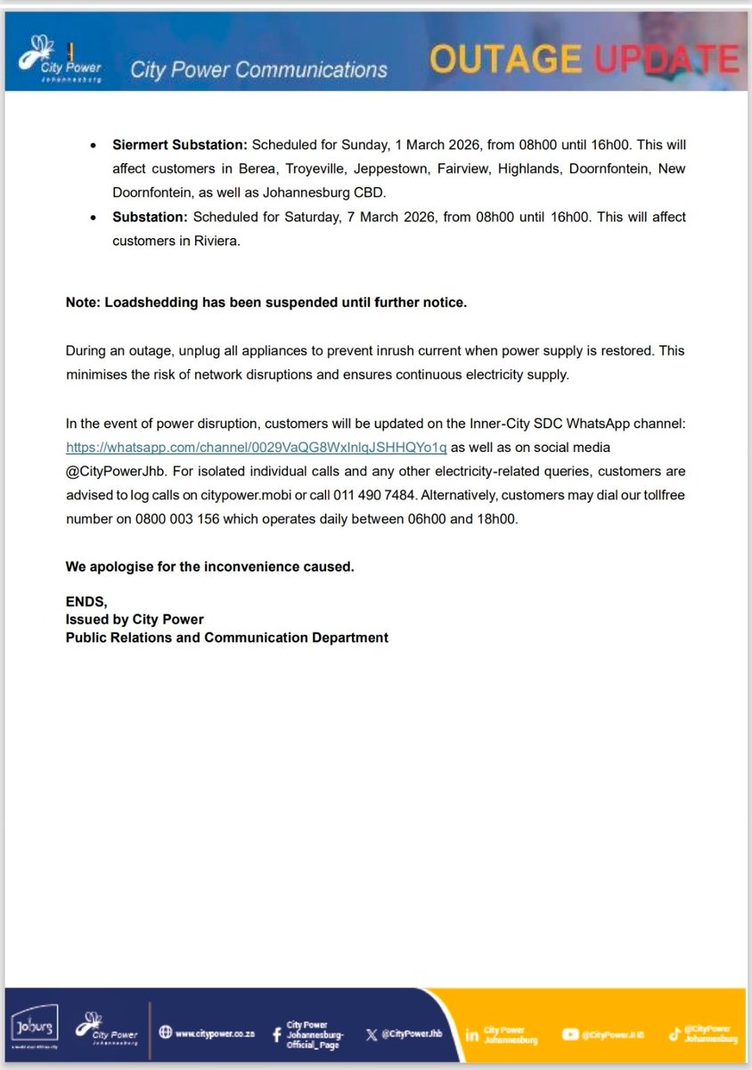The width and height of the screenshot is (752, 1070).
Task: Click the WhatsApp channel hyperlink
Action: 256,447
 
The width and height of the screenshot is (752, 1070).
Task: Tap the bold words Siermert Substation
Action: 180,144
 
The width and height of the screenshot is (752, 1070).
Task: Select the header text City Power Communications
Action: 258,70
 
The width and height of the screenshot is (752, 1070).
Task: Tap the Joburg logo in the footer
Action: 31,1028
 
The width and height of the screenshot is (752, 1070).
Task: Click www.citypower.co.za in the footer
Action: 215,1033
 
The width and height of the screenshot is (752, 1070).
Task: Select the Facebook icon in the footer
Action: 276,1033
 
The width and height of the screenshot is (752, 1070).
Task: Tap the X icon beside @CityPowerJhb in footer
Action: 371,1034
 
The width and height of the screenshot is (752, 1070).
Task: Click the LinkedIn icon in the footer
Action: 472,1034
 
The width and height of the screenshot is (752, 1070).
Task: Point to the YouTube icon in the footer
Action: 570,1034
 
